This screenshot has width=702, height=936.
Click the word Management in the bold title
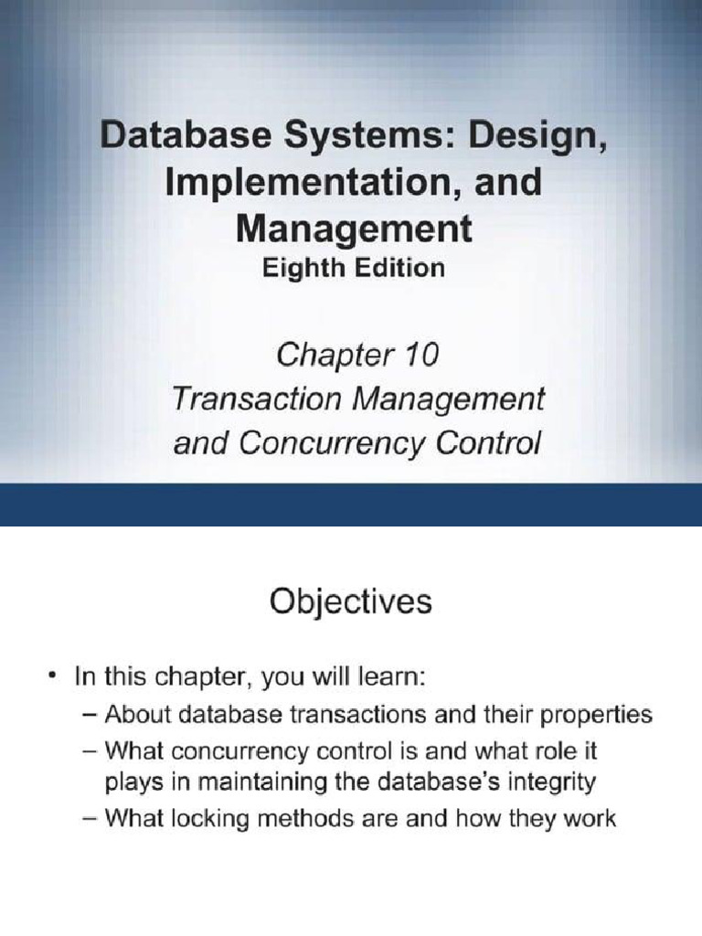point(354,229)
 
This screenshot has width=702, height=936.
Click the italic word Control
point(489,443)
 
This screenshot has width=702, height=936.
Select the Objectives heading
point(350,601)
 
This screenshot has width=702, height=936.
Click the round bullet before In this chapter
point(54,677)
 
